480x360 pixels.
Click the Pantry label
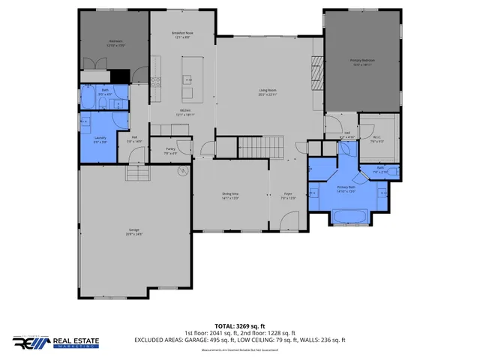coord(170,150)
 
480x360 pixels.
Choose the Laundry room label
coord(100,139)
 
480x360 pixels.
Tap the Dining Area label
coord(230,196)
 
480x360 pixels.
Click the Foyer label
coord(287,196)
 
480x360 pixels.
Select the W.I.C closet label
coord(378,139)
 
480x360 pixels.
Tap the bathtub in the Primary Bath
coord(348,217)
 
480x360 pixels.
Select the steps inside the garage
coord(137,175)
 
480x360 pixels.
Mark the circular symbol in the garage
coord(181,171)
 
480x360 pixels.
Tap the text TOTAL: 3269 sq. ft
coord(240,326)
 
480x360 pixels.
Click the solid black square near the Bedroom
coord(119,76)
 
